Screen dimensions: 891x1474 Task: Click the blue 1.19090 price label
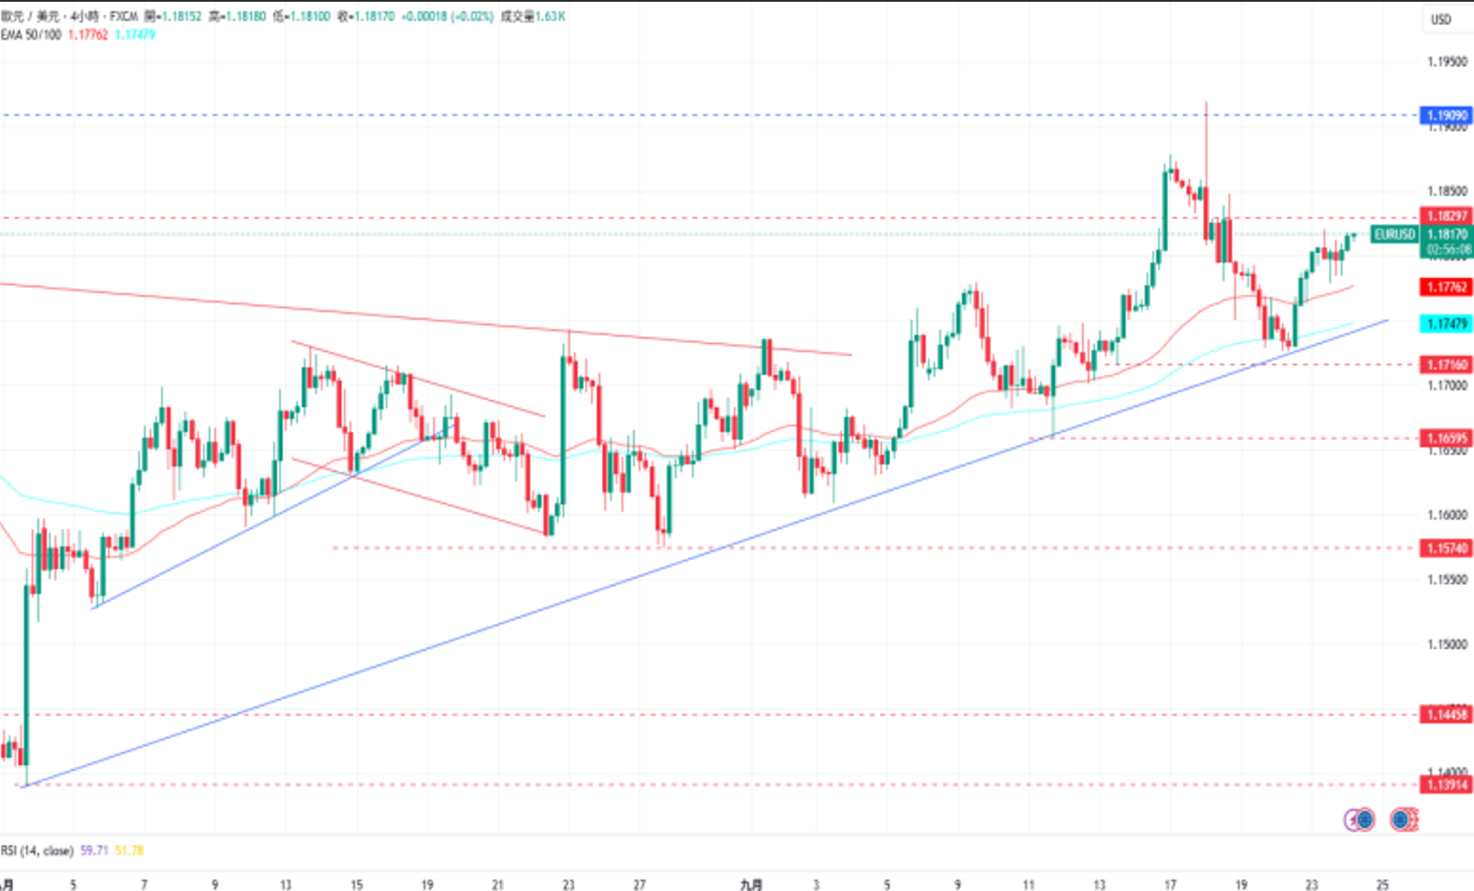pyautogui.click(x=1446, y=115)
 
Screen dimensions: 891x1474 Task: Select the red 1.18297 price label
pyautogui.click(x=1446, y=216)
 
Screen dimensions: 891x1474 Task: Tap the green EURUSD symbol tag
pyautogui.click(x=1395, y=234)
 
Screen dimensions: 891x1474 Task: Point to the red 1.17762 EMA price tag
pyautogui.click(x=1446, y=287)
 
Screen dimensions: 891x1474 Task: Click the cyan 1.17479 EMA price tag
pyautogui.click(x=1446, y=323)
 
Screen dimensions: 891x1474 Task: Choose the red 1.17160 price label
pyautogui.click(x=1446, y=365)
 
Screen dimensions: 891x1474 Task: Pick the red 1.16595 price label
pyautogui.click(x=1446, y=438)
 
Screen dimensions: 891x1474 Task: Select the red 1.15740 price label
pyautogui.click(x=1446, y=548)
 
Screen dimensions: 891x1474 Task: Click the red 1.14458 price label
pyautogui.click(x=1446, y=715)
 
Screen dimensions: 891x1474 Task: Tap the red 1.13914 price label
pyautogui.click(x=1446, y=785)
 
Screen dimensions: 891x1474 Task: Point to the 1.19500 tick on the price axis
pyautogui.click(x=1446, y=61)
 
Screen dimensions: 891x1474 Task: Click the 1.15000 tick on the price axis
pyautogui.click(x=1446, y=644)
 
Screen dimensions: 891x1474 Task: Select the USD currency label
pyautogui.click(x=1441, y=19)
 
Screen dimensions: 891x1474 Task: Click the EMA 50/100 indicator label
pyautogui.click(x=31, y=35)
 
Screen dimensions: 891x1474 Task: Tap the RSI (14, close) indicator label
pyautogui.click(x=37, y=850)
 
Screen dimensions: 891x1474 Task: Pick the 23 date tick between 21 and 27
pyautogui.click(x=568, y=884)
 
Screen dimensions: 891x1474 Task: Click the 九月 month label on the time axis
pyautogui.click(x=751, y=884)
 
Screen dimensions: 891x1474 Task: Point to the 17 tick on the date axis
pyautogui.click(x=1170, y=884)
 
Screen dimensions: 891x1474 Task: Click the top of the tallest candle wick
pyautogui.click(x=1206, y=103)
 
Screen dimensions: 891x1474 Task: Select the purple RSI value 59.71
pyautogui.click(x=94, y=850)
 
